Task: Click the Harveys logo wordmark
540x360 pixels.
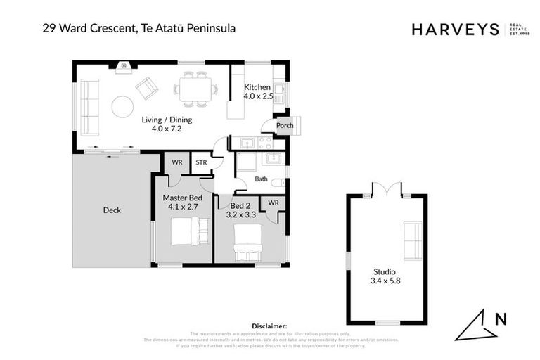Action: (455, 30)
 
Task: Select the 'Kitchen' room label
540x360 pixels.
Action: (257, 87)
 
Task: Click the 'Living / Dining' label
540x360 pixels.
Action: (167, 120)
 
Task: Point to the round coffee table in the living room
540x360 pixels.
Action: (122, 107)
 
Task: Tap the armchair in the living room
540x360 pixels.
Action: (148, 88)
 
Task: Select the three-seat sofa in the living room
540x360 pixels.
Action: (89, 107)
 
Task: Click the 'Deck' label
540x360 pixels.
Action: (112, 210)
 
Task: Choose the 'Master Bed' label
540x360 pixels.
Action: (182, 198)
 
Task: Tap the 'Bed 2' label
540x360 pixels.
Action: (240, 205)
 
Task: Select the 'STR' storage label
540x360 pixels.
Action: (201, 162)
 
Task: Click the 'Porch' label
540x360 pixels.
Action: (285, 126)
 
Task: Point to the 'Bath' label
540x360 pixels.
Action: (261, 179)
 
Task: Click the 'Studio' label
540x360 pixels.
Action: (385, 271)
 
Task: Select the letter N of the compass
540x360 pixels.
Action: (500, 319)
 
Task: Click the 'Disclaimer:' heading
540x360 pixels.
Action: (270, 326)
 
